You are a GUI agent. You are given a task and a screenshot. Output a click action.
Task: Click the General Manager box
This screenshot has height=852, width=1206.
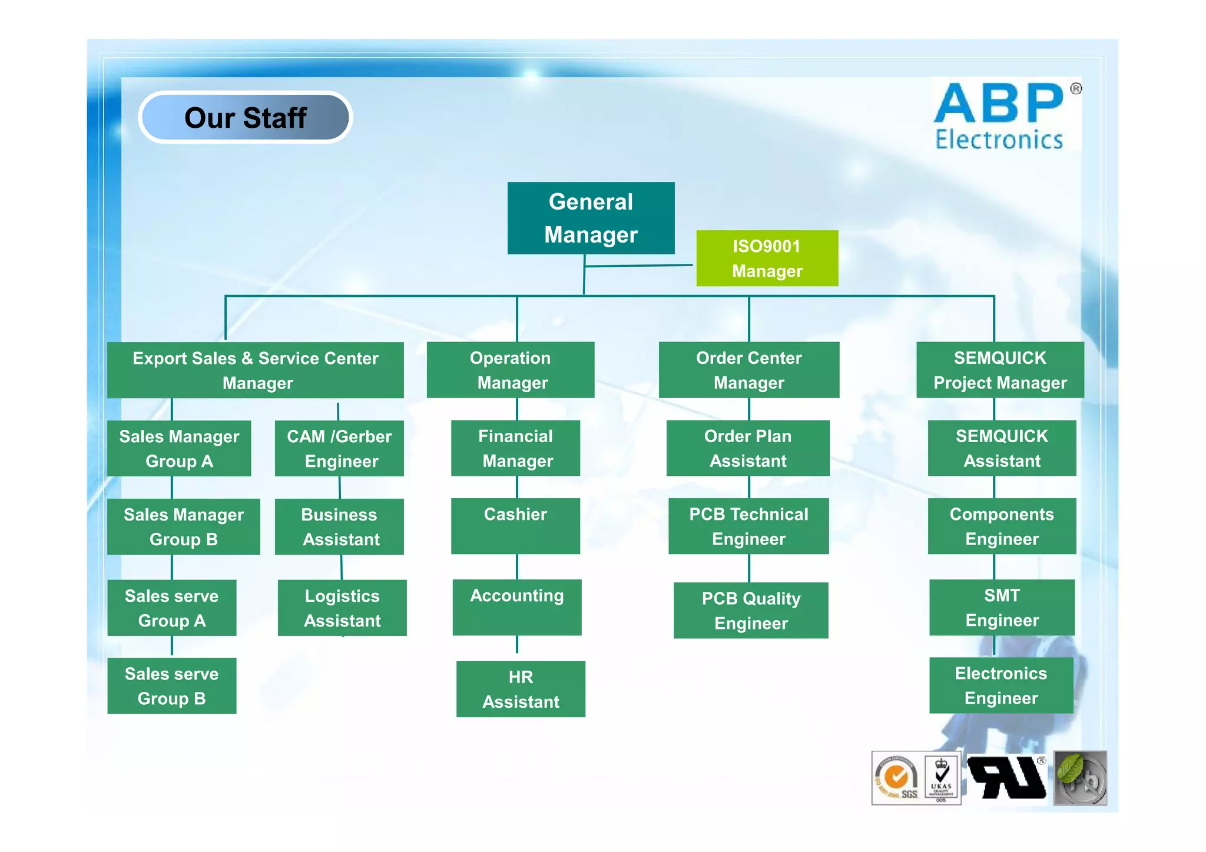pos(591,218)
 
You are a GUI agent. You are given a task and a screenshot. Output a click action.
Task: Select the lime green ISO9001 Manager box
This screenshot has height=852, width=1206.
pos(767,258)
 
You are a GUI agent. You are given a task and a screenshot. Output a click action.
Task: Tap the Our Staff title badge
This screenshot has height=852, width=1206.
pos(246,117)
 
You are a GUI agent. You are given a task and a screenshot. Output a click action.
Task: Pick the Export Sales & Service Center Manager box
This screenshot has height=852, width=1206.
pos(255,370)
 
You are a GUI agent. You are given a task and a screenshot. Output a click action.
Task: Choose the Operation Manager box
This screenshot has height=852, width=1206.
pos(511,370)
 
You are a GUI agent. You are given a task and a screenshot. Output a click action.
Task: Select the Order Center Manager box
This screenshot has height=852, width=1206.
pos(748,370)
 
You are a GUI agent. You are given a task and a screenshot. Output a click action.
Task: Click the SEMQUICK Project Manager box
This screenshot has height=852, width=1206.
pos(999,370)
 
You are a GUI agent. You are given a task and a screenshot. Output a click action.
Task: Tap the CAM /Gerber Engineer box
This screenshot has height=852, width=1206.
pos(339,448)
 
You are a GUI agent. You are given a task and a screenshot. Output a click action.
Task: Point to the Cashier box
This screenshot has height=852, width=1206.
pos(515,526)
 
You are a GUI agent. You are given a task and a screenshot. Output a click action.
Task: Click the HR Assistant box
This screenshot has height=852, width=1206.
pos(521,689)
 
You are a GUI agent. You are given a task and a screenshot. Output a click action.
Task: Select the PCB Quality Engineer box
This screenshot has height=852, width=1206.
pos(751,610)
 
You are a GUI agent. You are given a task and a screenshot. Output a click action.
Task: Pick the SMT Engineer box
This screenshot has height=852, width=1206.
pos(1002,607)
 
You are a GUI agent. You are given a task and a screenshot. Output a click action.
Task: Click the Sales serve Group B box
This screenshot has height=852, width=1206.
pos(171,685)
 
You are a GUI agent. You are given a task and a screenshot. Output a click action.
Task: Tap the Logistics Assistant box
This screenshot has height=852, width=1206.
pos(342,608)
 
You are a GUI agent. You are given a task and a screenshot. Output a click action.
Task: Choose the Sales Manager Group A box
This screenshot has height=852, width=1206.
pos(179,448)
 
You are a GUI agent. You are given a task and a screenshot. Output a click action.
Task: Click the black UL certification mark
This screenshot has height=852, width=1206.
pos(1007,777)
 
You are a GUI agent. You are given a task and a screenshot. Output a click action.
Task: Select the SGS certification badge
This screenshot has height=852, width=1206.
pos(897,778)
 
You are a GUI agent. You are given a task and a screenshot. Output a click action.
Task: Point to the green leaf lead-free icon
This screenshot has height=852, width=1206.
pos(1079,778)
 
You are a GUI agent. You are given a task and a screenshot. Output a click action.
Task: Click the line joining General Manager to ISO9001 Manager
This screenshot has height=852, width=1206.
pos(639,266)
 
